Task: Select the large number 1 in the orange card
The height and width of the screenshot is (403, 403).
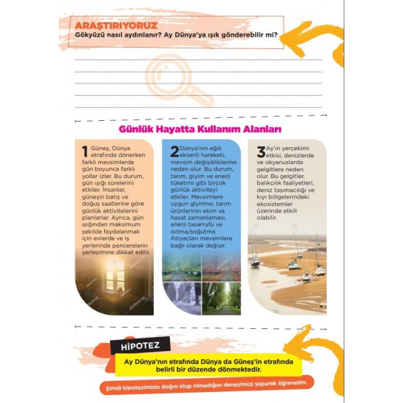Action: (x=85, y=152)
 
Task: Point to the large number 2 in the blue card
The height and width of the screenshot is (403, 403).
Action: (x=174, y=152)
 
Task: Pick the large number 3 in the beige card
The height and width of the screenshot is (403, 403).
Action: (x=260, y=152)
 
